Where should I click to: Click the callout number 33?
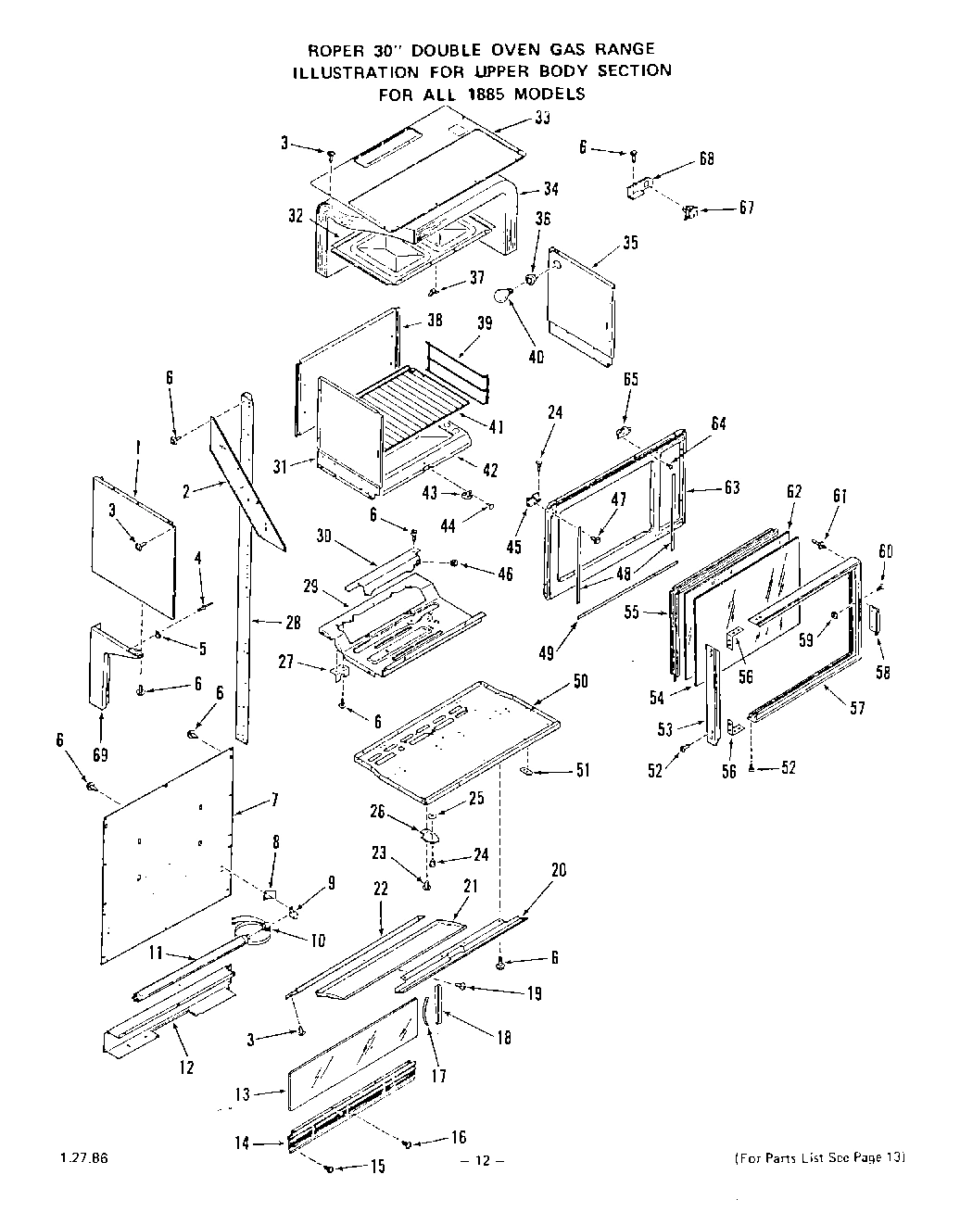coord(543,118)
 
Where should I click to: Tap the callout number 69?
coord(99,755)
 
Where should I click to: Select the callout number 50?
coord(580,681)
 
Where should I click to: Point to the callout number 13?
coord(243,1094)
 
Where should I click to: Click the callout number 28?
coord(293,624)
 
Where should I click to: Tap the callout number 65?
coord(631,379)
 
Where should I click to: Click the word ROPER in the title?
coord(335,49)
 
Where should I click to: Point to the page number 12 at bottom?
coord(480,1160)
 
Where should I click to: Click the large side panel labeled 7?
coord(167,852)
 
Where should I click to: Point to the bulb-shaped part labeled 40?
coord(502,296)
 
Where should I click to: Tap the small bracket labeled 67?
coord(688,213)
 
